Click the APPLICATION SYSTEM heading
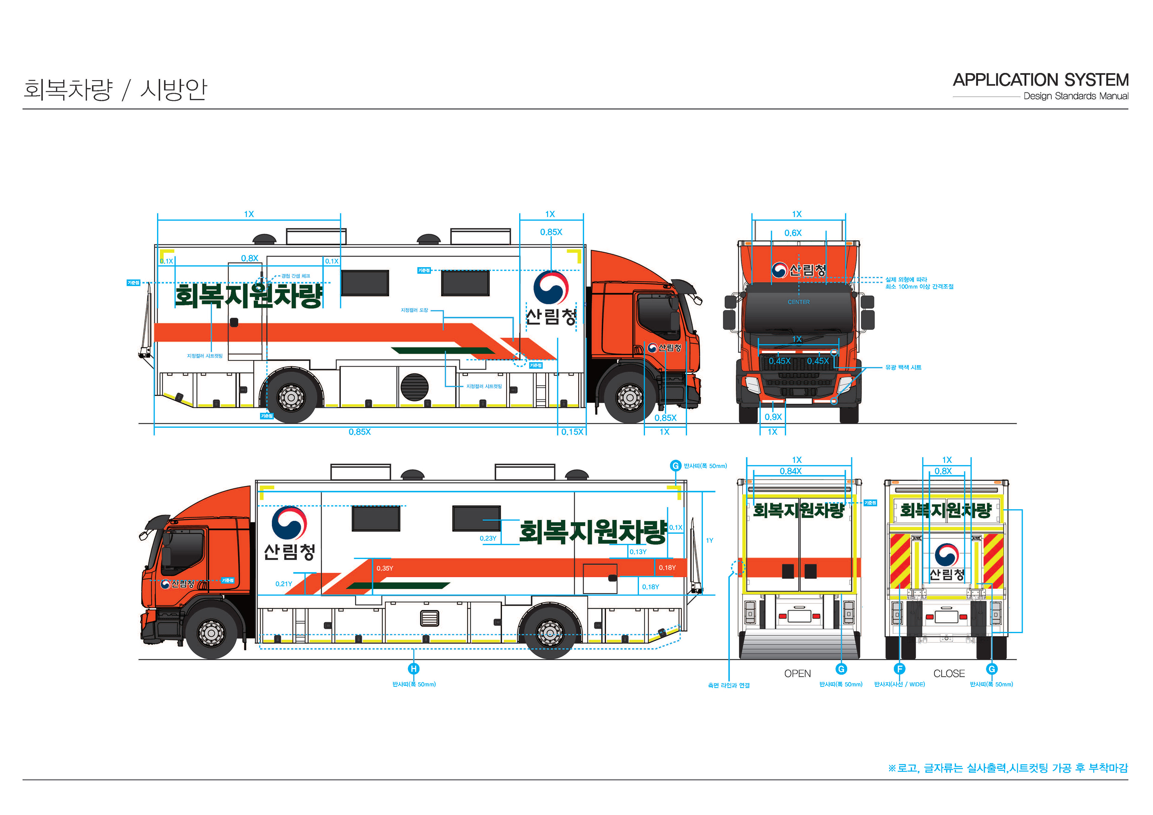point(1040,80)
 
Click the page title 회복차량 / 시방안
point(115,89)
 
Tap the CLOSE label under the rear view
point(949,673)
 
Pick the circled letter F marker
point(899,669)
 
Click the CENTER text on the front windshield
point(798,302)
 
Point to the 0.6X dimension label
point(793,233)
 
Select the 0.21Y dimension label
point(284,584)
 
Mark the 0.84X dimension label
point(790,471)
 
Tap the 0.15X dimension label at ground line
point(572,432)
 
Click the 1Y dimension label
point(709,540)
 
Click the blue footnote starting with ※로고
point(1007,768)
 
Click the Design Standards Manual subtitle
point(1076,96)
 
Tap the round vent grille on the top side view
point(414,387)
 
